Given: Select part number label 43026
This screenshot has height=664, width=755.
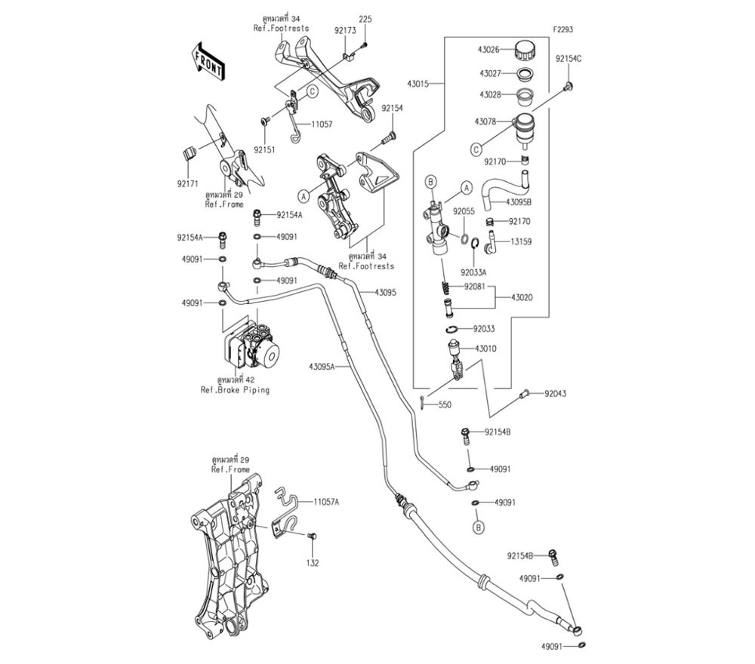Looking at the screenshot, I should pyautogui.click(x=487, y=51).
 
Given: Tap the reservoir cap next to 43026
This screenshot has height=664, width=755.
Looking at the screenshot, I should pyautogui.click(x=524, y=52).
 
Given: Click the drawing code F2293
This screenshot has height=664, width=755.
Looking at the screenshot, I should pyautogui.click(x=562, y=29).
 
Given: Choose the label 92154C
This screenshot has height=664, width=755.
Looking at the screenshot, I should pyautogui.click(x=569, y=58).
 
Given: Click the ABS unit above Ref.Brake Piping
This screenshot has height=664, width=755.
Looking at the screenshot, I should pyautogui.click(x=252, y=348).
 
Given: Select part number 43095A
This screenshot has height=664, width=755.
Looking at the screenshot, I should pyautogui.click(x=321, y=367).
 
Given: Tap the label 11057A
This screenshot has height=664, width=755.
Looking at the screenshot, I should pyautogui.click(x=327, y=501).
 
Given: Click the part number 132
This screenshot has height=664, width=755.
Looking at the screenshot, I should pyautogui.click(x=313, y=563).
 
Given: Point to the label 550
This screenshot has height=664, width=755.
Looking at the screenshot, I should pyautogui.click(x=445, y=405).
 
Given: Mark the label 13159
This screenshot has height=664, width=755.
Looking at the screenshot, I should pyautogui.click(x=520, y=242).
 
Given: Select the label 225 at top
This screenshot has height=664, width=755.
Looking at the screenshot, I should pyautogui.click(x=365, y=19).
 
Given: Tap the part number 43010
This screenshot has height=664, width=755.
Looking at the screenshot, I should pyautogui.click(x=485, y=349).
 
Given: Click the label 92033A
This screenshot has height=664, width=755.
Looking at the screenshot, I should pyautogui.click(x=475, y=272).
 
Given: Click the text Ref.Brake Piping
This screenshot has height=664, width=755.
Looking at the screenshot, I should pyautogui.click(x=235, y=390).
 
